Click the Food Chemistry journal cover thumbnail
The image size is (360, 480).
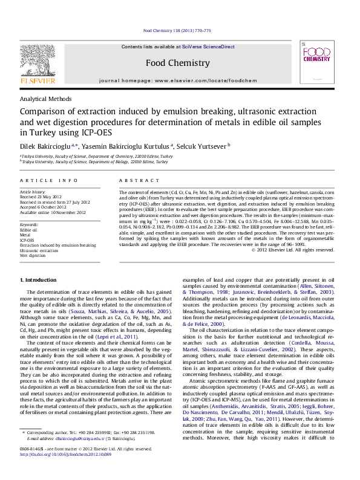click(x=318, y=64)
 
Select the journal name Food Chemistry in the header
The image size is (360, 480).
click(x=178, y=63)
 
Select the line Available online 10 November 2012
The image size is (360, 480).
click(x=53, y=212)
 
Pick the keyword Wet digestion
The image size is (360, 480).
click(x=33, y=255)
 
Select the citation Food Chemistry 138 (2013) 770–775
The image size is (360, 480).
click(x=177, y=30)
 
